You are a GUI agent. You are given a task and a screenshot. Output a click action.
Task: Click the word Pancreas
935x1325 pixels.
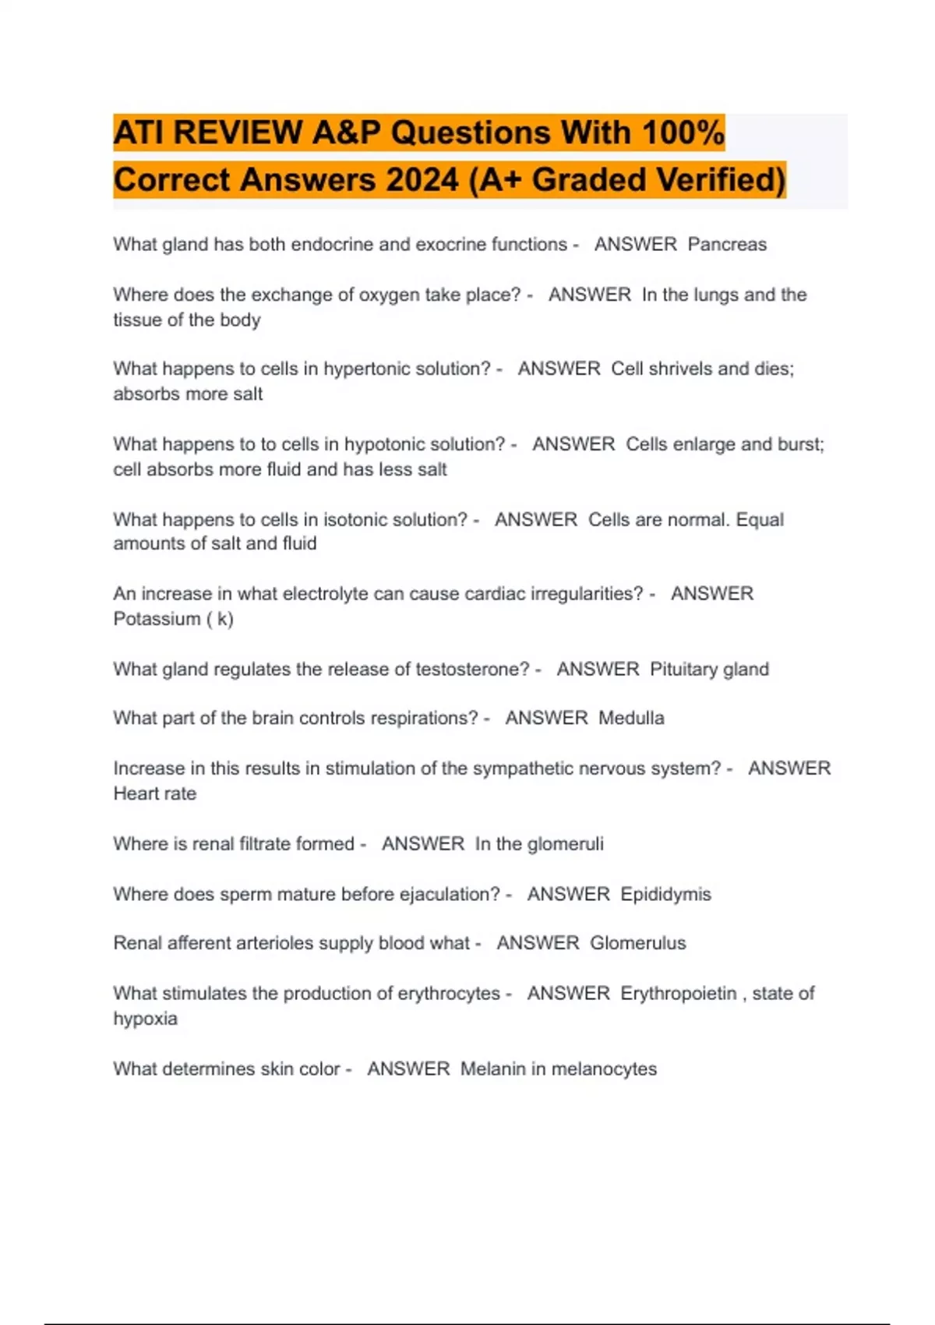coord(727,245)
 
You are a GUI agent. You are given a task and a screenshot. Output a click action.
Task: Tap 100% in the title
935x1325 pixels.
coord(683,132)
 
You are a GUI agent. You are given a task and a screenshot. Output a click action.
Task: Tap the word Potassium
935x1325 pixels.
coord(157,619)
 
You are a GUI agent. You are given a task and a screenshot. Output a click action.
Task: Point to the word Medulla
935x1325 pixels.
coord(631,718)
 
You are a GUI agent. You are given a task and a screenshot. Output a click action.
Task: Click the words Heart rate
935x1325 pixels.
coord(154,793)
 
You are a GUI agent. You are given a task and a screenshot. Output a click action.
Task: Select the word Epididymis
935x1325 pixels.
coord(665,894)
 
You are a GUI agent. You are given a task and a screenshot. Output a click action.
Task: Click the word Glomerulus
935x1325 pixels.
coord(637,943)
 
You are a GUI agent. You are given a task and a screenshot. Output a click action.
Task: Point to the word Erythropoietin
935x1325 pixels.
coord(678,994)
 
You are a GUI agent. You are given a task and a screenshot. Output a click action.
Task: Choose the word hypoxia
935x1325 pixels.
coord(145,1019)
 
